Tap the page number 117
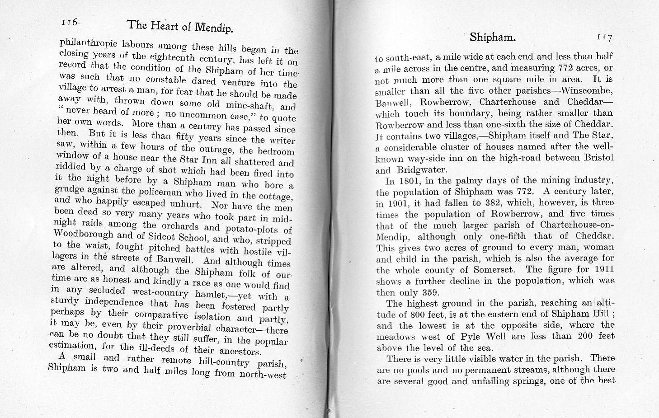(604, 38)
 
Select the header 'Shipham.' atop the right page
(492, 37)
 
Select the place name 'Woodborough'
(83, 234)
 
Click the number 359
(430, 292)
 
